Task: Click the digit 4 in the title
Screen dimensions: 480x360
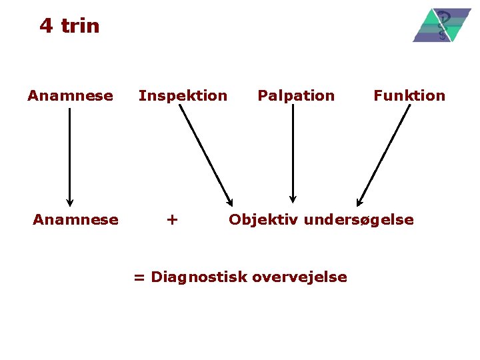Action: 46,26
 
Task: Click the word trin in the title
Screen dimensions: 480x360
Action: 80,26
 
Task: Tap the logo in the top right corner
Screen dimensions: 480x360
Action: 441,25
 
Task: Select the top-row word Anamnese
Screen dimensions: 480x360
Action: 70,95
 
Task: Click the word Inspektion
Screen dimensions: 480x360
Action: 183,95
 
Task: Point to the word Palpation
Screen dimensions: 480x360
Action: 296,95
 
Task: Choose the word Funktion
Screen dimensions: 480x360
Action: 409,95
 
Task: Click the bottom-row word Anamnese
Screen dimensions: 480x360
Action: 75,219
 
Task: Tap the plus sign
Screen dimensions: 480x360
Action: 172,219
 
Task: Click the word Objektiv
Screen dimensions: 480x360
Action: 263,219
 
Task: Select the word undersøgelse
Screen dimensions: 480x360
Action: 359,220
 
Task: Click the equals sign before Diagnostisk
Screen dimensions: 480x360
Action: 139,277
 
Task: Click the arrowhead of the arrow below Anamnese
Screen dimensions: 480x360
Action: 69,203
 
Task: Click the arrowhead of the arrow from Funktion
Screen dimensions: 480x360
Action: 359,202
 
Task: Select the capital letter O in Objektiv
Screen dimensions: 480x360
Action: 235,219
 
